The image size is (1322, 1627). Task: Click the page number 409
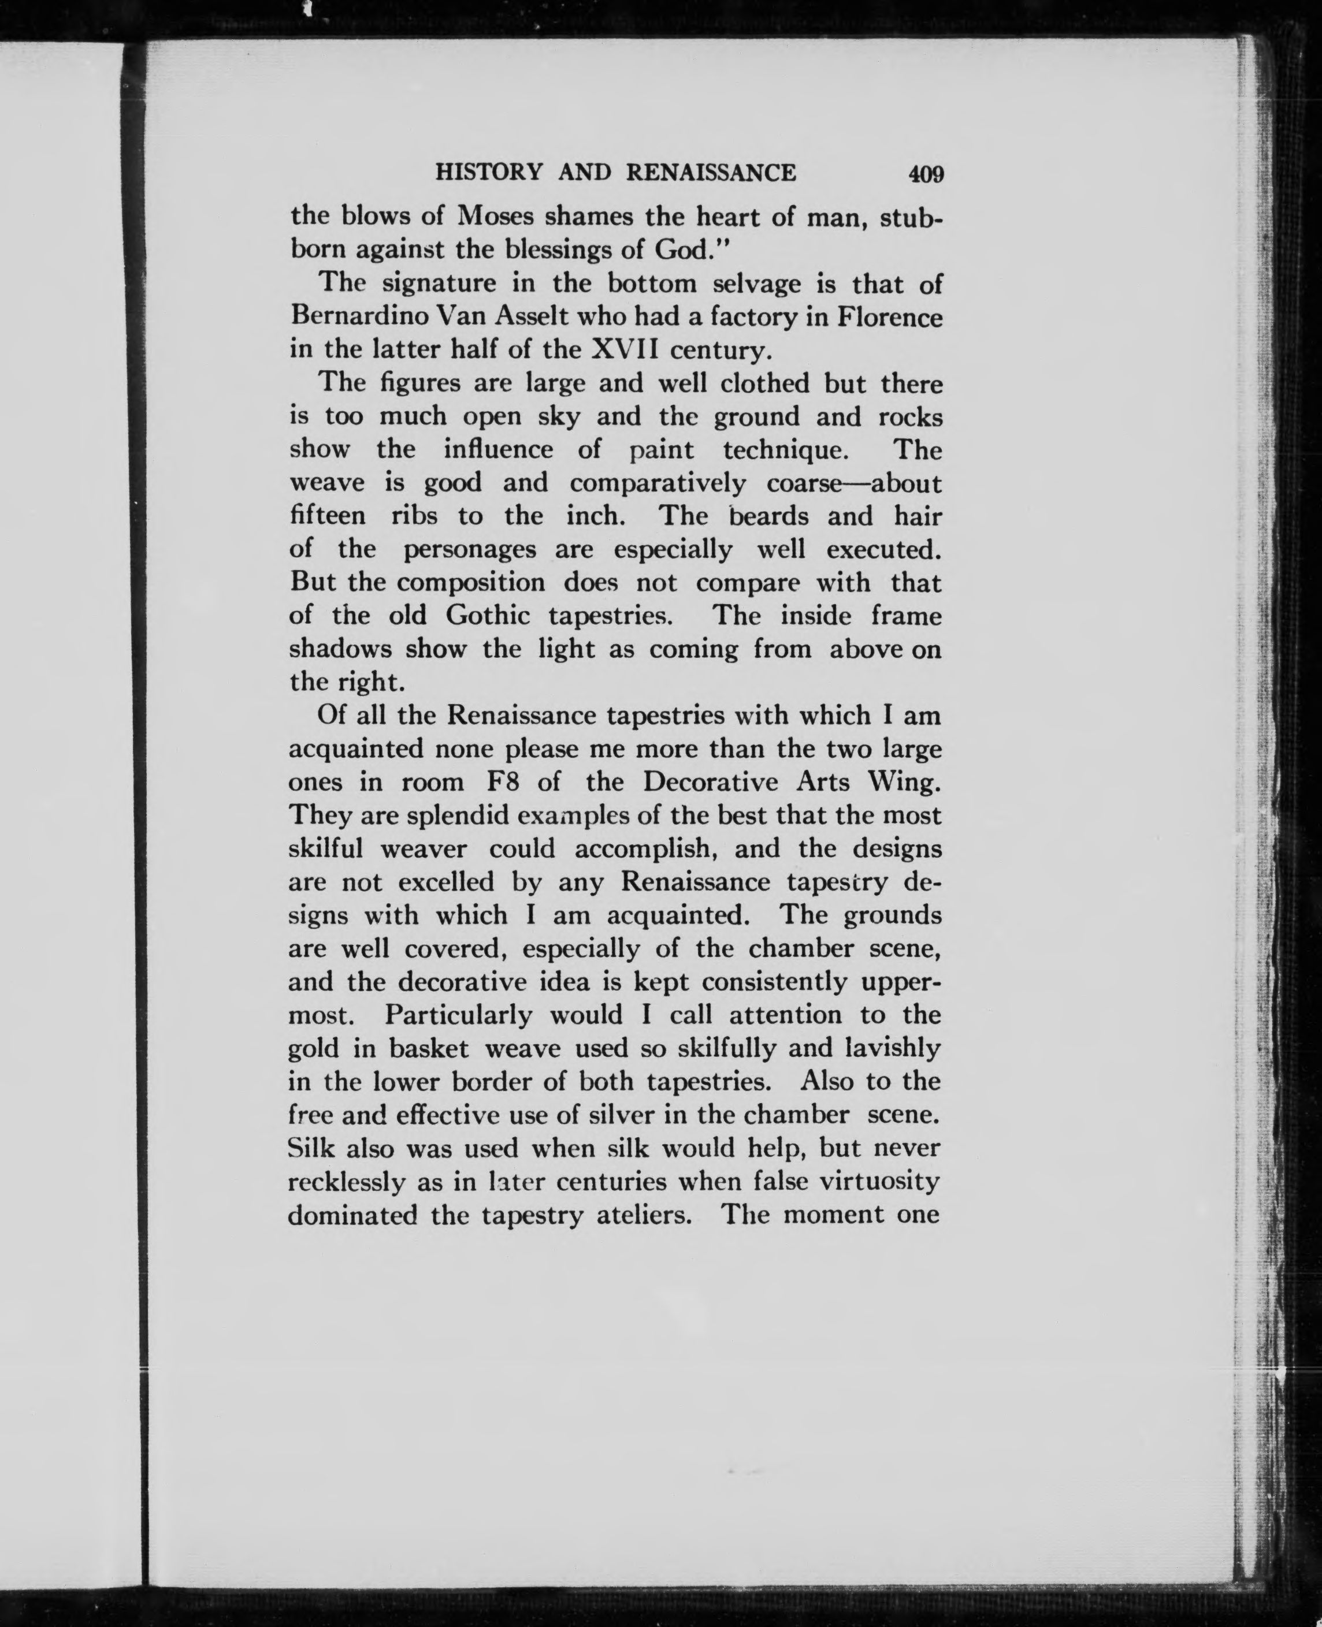pos(925,174)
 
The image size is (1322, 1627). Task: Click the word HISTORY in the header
pos(488,173)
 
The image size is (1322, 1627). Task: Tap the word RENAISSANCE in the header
pos(711,173)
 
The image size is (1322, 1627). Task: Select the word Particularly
pos(461,1015)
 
